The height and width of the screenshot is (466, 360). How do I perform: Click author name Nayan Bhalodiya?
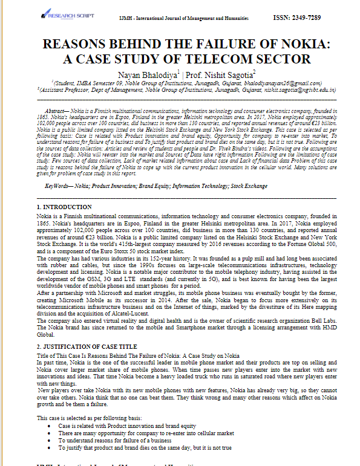(x=143, y=74)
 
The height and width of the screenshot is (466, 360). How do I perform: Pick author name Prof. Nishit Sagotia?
(x=209, y=74)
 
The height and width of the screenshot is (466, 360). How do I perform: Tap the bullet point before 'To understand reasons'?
(x=49, y=441)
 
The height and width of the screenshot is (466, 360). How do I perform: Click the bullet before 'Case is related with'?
(x=49, y=426)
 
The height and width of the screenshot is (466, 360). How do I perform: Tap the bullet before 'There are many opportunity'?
(x=49, y=433)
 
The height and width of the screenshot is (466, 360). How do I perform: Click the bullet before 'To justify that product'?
(x=49, y=448)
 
